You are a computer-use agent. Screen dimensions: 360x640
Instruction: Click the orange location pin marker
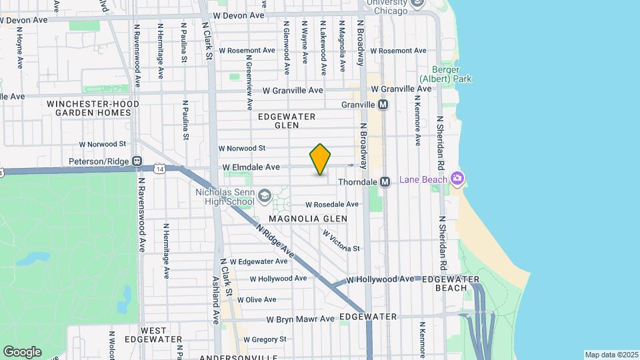320,159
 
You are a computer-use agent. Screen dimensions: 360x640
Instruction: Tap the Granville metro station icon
383,105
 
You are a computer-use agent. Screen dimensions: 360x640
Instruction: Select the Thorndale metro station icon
385,181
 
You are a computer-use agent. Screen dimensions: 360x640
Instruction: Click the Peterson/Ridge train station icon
137,161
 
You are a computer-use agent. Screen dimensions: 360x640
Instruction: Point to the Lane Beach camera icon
457,178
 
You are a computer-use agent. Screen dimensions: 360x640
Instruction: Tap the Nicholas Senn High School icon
265,195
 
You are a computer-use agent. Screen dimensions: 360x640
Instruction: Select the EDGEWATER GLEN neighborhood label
287,120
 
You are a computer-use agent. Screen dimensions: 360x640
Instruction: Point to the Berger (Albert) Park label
451,73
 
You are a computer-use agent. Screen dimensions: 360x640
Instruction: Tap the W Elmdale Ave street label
251,167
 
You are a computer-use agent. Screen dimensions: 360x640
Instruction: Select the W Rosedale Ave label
332,205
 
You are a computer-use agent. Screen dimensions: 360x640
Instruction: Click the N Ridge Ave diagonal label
275,242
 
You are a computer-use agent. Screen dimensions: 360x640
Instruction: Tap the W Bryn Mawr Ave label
300,319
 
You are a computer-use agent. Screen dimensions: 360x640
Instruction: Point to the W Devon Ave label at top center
239,15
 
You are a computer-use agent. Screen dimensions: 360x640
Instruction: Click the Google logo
22,351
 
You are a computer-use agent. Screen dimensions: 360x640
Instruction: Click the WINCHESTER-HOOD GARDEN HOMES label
93,108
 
